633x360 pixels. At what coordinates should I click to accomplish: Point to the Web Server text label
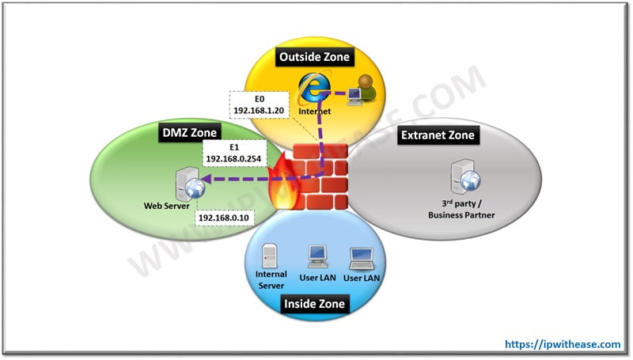[165, 207]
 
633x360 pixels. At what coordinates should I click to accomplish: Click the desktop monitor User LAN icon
[317, 255]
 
